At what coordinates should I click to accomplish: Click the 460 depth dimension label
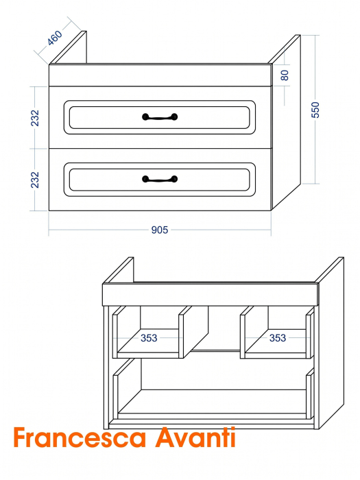(55, 38)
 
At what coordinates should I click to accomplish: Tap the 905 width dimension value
(160, 230)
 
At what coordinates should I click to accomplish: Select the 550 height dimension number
(315, 110)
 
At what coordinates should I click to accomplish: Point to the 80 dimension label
(285, 75)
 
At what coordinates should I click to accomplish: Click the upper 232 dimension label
(35, 118)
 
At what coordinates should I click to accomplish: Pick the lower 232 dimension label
(35, 180)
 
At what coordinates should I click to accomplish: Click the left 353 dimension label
(149, 338)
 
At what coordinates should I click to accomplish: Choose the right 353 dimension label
(277, 337)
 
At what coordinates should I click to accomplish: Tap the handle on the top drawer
(160, 117)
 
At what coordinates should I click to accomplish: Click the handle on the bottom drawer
(160, 179)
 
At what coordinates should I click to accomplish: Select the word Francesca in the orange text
(80, 437)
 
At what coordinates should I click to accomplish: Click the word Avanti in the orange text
(195, 437)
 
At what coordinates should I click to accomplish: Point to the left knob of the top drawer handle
(145, 117)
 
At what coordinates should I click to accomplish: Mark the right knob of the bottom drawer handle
(174, 179)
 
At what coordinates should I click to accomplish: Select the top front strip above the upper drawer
(160, 75)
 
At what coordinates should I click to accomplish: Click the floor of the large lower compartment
(212, 401)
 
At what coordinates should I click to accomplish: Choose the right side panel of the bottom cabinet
(331, 343)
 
